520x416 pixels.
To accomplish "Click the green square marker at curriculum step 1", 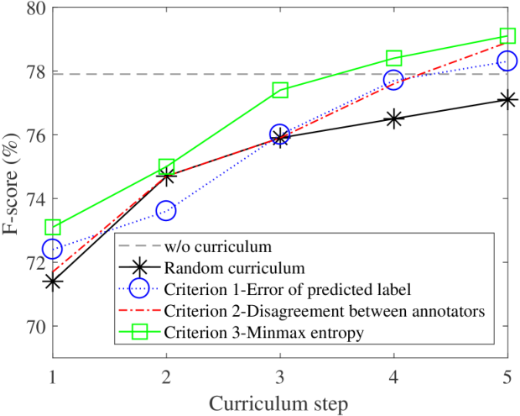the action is point(53,227).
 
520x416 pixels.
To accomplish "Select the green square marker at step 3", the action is point(280,91).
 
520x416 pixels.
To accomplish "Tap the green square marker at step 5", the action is point(507,35).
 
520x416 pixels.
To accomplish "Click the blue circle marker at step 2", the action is point(166,211).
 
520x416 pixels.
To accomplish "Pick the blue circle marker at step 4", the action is point(393,80).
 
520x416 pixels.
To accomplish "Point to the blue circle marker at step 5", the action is point(507,61).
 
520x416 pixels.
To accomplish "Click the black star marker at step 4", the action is point(393,118).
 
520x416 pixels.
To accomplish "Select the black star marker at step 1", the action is point(53,282).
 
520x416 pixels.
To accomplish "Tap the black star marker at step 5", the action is point(507,100).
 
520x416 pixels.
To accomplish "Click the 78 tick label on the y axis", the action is point(36,71).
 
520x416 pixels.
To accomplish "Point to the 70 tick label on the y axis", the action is point(36,326).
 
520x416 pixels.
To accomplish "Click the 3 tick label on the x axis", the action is point(280,377).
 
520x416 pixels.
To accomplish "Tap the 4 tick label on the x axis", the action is point(393,377).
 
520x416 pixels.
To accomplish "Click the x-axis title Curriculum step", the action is point(278,404).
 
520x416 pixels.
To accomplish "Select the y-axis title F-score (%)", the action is point(11,183).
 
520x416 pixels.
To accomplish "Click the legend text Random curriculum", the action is point(235,268).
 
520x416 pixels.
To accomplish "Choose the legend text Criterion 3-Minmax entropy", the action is point(264,333).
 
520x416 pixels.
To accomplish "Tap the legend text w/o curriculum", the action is point(218,246).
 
